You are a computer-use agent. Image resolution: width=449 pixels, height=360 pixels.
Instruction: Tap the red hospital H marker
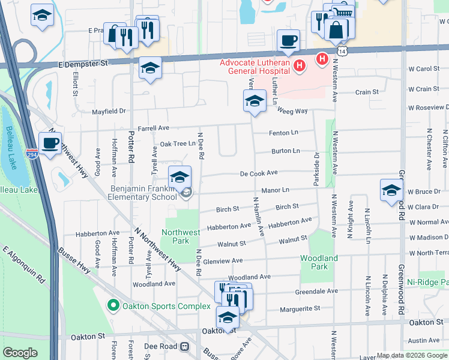322,59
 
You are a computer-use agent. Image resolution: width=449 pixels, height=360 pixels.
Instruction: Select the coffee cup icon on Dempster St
288,41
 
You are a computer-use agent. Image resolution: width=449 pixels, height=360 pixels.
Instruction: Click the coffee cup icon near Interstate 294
50,143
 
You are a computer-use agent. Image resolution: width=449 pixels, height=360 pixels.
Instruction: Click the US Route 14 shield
342,52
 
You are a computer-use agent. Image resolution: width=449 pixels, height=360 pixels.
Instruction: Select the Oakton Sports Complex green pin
112,306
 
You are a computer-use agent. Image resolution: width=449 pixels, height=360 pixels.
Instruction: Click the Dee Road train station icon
185,346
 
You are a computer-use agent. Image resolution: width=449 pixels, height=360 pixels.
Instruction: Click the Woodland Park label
319,262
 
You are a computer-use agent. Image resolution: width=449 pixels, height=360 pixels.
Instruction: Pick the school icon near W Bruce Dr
391,190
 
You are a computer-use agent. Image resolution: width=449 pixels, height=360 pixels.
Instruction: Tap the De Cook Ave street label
259,172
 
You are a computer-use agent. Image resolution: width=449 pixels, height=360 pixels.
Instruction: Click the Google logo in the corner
20,353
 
